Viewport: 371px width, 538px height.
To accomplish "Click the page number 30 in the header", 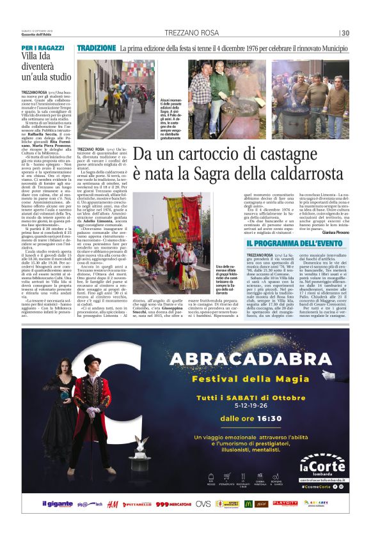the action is point(345,33).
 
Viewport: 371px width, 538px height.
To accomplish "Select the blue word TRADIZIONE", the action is point(96,49).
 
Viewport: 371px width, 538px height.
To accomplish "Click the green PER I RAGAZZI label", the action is point(42,48).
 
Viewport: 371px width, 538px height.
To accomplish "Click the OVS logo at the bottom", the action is point(203,504).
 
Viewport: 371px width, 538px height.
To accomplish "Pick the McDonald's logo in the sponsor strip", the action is point(260,504).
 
